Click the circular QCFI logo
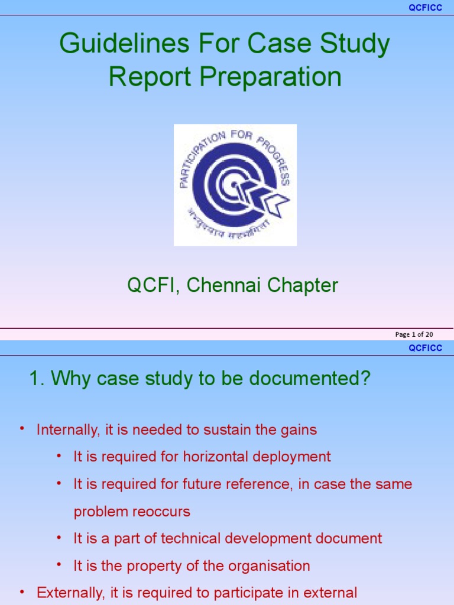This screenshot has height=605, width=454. click(x=235, y=185)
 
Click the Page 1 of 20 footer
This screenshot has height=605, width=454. click(x=414, y=334)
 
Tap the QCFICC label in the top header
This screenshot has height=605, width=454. click(x=426, y=8)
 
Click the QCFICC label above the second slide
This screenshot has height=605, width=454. click(x=426, y=348)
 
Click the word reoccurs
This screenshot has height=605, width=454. click(x=162, y=512)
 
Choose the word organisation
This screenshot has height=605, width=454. click(x=268, y=565)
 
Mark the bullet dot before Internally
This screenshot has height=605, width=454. click(x=22, y=428)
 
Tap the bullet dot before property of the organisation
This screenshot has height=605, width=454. click(x=59, y=564)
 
